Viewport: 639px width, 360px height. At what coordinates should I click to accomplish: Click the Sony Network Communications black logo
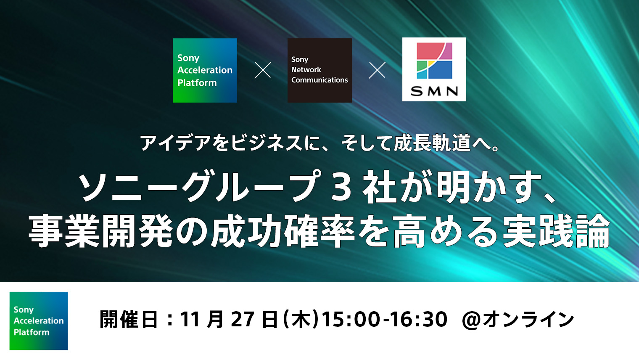coord(319,70)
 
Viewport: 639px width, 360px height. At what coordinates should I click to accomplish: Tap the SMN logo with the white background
coord(434,69)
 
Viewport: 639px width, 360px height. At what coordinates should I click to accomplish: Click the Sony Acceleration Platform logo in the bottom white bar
coord(39,321)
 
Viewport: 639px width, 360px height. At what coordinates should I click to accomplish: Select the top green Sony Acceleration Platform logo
coord(205,70)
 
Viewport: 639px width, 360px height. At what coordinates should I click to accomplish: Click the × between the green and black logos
coord(262,70)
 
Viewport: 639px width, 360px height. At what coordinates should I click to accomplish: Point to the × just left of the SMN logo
coord(377,70)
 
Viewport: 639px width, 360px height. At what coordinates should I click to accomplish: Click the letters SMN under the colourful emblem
coord(434,91)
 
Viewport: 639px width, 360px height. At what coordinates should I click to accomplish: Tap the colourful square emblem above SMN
coord(434,61)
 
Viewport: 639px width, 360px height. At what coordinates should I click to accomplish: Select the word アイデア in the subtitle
coord(175,143)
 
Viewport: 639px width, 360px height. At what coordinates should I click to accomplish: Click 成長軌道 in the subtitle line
coord(432,143)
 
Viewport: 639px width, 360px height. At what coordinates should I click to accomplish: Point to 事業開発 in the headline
coord(101,230)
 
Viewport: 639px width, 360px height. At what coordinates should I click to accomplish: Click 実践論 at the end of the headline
coord(556,230)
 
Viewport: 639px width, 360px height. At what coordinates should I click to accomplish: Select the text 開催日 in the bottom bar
coord(129,320)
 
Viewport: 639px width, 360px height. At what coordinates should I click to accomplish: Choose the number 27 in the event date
coord(243,319)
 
